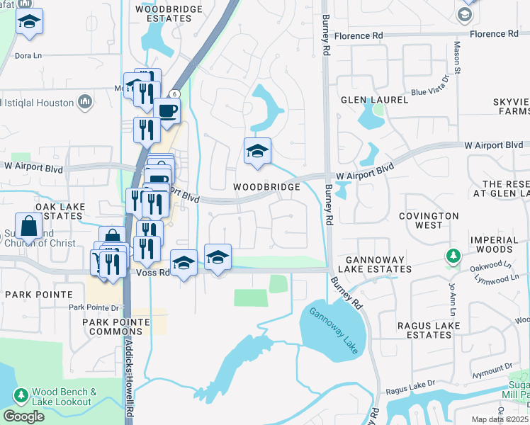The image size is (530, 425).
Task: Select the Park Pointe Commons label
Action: pos(115,327)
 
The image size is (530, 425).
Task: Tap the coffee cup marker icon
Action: pos(167,111)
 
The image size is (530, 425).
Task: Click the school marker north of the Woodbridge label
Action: pos(257,151)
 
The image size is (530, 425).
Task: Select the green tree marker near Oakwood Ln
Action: pos(451,255)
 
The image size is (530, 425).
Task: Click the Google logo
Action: pos(23,416)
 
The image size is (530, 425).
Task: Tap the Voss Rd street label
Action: pos(153,272)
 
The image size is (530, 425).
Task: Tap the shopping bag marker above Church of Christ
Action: pos(29,227)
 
